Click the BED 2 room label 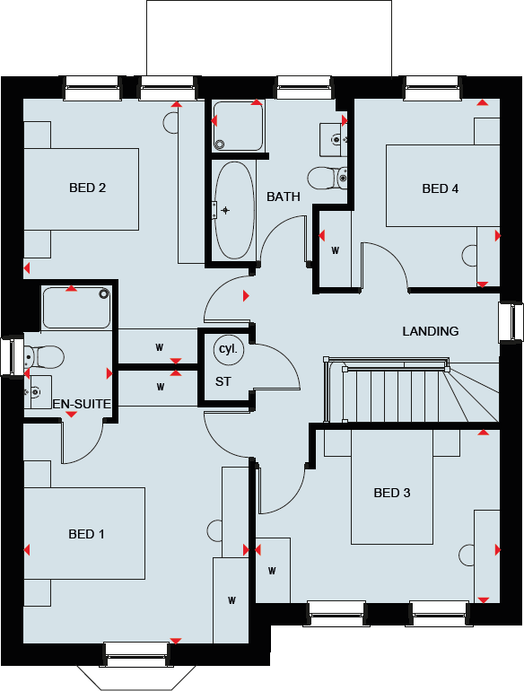coord(88,188)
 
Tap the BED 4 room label coord(441,188)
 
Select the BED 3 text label coord(392,493)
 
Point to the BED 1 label coord(87,534)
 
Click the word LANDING coord(431,331)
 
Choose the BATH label coord(284,197)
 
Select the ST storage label coord(223,381)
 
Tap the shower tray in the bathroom coord(237,127)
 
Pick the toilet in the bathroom coord(327,177)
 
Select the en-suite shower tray coord(77,308)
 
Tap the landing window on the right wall coord(511,322)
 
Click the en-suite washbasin coord(36,392)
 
